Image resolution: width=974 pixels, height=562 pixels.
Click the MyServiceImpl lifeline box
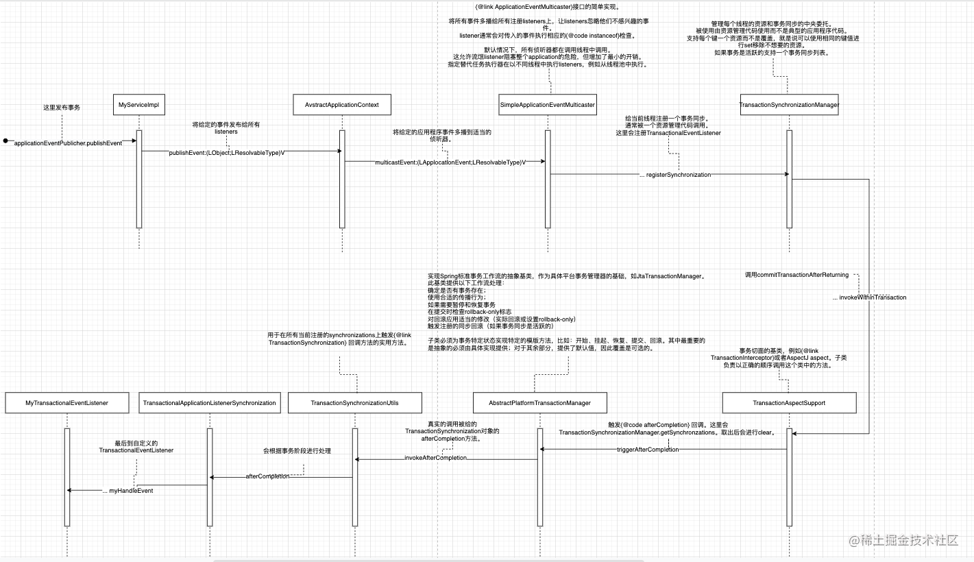coord(138,105)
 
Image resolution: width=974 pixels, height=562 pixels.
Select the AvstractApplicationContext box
coord(341,105)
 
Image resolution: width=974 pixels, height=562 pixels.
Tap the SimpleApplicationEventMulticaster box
coord(547,105)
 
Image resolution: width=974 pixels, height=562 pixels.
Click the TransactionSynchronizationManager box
coord(789,105)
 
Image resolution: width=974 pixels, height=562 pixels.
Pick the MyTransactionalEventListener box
coord(66,403)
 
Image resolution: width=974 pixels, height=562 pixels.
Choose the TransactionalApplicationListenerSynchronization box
coord(209,403)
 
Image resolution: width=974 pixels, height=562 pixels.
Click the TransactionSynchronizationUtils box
coord(354,403)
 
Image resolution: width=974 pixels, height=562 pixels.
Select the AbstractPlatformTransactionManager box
coord(539,403)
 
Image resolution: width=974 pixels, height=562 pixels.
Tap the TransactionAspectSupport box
coord(789,403)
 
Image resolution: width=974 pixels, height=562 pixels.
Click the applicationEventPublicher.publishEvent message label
coord(68,143)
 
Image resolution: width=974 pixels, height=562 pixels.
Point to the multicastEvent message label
coord(450,162)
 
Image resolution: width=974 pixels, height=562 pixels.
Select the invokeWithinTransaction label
coord(869,297)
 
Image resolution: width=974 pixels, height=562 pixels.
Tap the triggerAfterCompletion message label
coord(648,450)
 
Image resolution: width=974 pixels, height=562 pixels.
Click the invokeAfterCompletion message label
coord(435,458)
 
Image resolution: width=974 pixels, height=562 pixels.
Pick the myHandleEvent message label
coord(127,491)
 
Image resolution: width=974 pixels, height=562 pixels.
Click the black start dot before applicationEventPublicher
coord(5,141)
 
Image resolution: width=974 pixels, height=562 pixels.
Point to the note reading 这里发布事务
coord(62,108)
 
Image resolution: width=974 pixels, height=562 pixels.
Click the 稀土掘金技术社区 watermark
coord(903,541)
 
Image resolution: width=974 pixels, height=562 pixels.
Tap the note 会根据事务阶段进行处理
coord(297,451)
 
